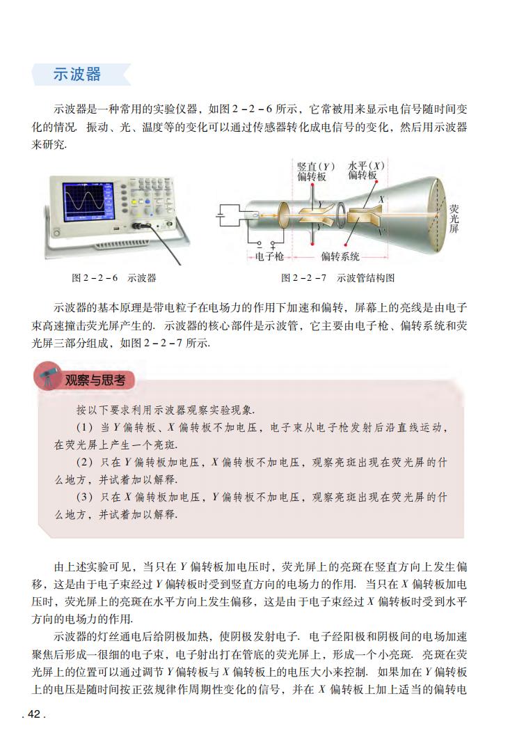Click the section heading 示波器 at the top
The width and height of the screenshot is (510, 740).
(x=77, y=75)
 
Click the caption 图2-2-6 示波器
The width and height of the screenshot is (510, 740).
(x=114, y=278)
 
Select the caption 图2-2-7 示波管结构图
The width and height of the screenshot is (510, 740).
(x=337, y=278)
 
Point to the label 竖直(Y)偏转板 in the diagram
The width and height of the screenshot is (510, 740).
(x=315, y=171)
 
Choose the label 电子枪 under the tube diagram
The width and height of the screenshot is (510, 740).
(x=265, y=256)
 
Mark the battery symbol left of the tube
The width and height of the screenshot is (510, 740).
(x=222, y=216)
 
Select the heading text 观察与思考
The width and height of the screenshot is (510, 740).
(x=95, y=380)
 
